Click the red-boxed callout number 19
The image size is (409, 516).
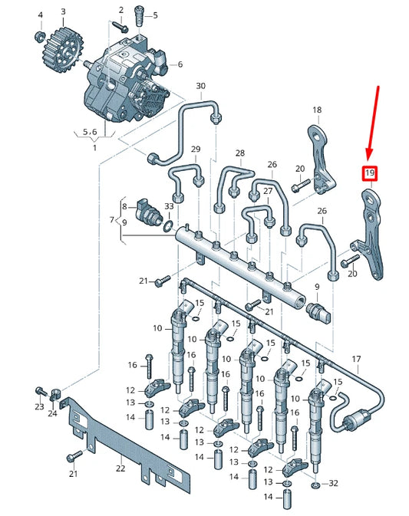tap(369, 174)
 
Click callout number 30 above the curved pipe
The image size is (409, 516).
tap(201, 86)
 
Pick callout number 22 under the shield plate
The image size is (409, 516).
tap(120, 468)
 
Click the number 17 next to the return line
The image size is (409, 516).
tap(355, 360)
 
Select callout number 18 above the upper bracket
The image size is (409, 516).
tap(316, 110)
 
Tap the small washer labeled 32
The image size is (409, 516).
tap(316, 485)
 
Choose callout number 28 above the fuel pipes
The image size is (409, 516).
tap(240, 153)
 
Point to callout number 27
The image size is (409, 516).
tap(267, 191)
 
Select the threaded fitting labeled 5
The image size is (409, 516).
tap(139, 15)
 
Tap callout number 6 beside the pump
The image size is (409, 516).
tap(180, 64)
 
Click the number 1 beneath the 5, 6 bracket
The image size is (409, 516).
tap(95, 147)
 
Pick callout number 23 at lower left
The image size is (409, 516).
tap(39, 407)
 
